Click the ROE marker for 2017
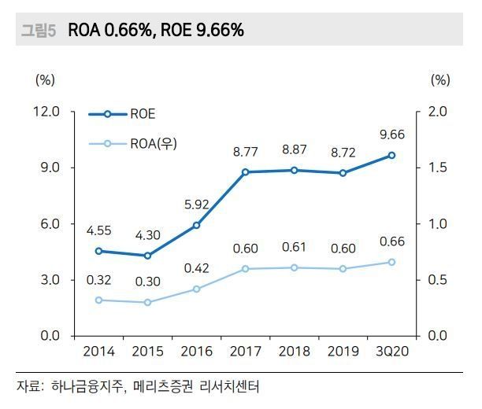point(246,171)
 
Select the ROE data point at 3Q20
point(392,155)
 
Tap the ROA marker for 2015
point(148,302)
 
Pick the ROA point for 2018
point(295,267)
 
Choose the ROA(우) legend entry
point(149,143)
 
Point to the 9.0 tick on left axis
point(47,168)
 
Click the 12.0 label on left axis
point(46,112)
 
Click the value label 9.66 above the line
point(392,134)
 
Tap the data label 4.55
point(98,231)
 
